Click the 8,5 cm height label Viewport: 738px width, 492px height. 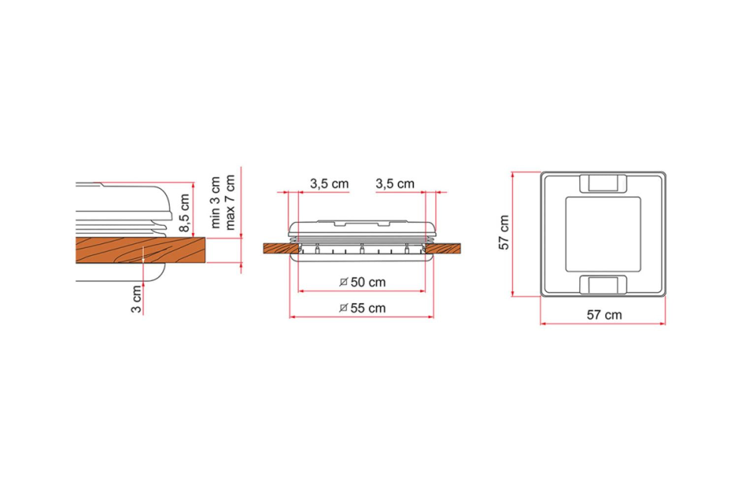point(184,213)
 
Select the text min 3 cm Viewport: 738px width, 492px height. point(216,202)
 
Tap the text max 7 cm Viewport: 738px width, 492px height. point(230,202)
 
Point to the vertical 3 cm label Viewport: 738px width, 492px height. point(136,299)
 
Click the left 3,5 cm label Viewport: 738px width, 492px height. point(329,184)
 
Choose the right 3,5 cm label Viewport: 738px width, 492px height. point(395,184)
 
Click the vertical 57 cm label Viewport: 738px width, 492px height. point(504,232)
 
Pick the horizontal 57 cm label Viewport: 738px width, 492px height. point(604,315)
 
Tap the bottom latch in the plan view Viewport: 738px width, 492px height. point(604,285)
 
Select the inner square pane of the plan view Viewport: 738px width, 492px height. point(604,234)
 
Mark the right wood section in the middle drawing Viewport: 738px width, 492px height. point(443,249)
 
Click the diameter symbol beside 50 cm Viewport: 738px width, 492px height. point(344,282)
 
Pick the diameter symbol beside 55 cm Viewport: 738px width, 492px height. point(344,308)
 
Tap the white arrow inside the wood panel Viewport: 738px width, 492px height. point(143,254)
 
